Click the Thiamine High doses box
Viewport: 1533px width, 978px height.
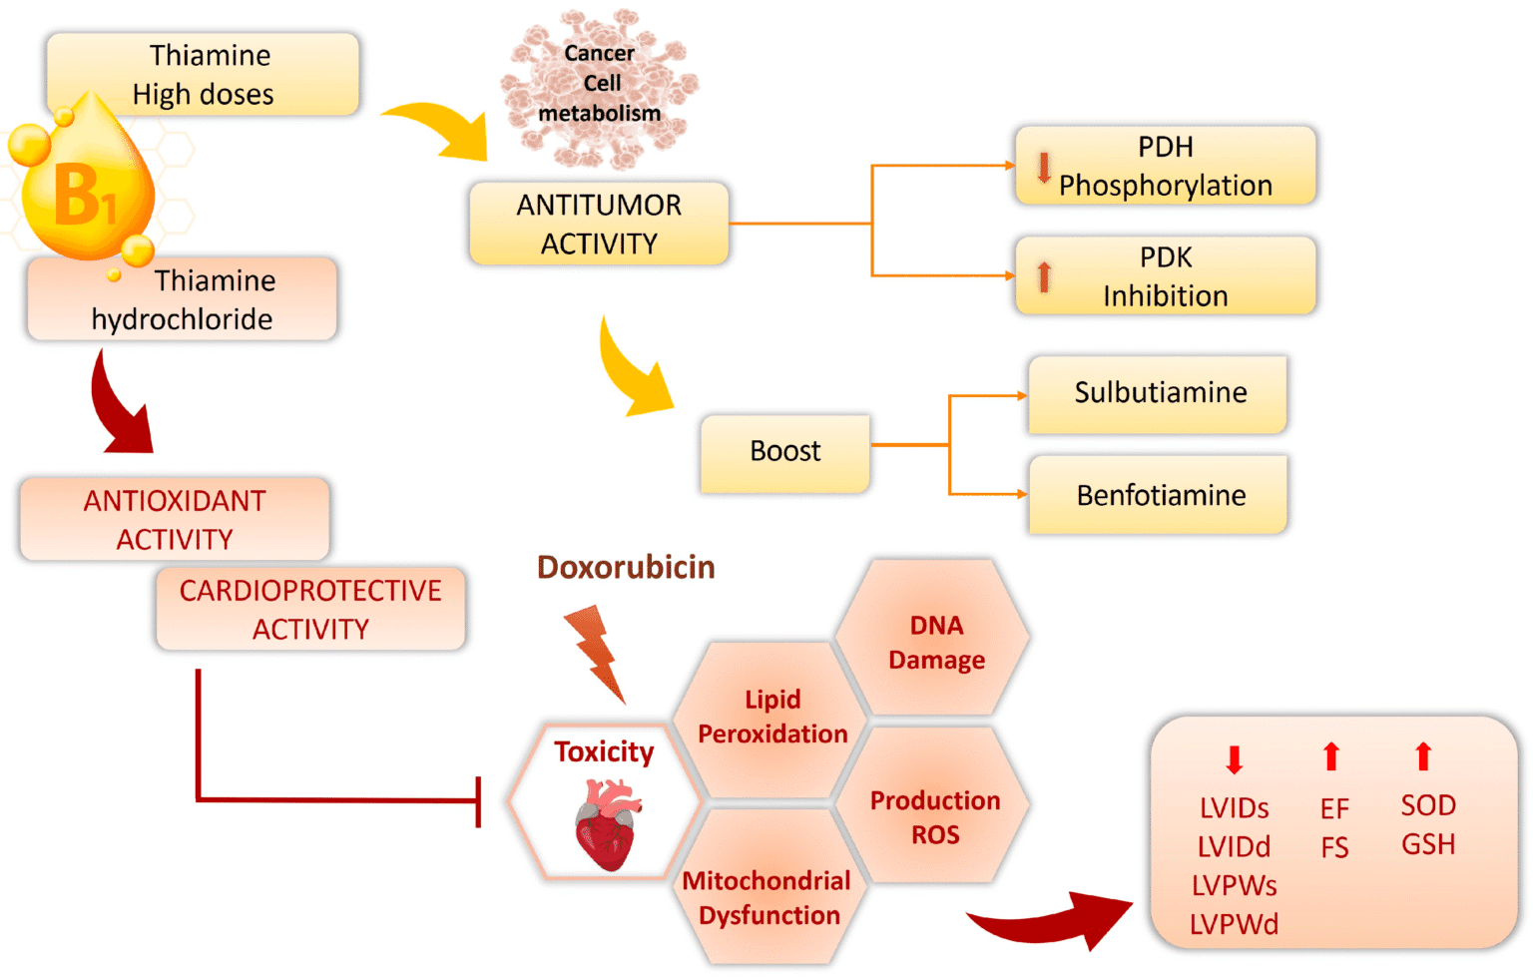(203, 73)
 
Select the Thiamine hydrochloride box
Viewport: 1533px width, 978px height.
(183, 299)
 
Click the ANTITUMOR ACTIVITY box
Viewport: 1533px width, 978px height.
(599, 224)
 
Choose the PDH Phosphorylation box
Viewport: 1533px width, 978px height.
(1165, 166)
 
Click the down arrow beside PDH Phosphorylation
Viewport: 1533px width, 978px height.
(1044, 167)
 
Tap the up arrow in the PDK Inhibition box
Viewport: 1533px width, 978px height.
(1044, 275)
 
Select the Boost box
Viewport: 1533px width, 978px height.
(784, 452)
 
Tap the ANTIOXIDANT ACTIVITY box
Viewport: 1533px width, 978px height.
(175, 519)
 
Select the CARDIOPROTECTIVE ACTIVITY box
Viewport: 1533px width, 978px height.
(310, 609)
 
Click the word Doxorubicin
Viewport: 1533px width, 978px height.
(626, 567)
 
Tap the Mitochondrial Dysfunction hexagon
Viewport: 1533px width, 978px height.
(766, 896)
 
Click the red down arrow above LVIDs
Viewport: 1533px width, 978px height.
(1234, 759)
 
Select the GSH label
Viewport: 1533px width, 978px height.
(1428, 844)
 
